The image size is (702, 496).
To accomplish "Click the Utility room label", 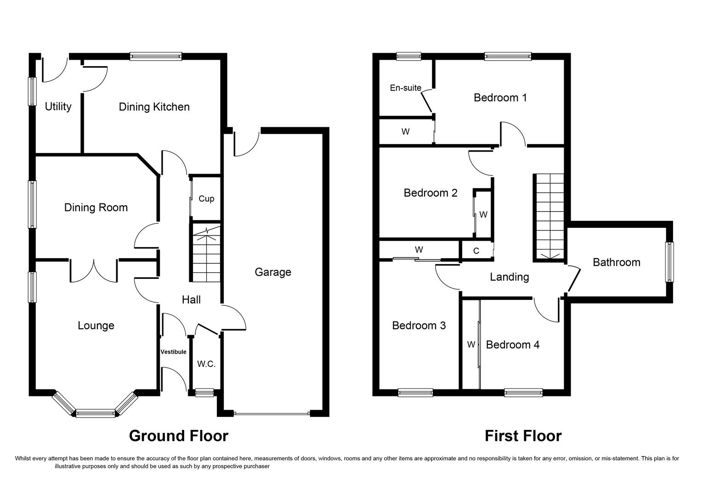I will coord(58,107).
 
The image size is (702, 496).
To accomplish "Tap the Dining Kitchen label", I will coord(154,107).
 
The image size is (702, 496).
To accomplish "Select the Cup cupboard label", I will coord(206,199).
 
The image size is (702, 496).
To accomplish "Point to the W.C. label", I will coord(206,364).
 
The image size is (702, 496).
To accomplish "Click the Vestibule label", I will coord(174,352).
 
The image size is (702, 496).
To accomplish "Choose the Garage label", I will coord(273,272).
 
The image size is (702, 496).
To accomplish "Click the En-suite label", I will coord(405,88).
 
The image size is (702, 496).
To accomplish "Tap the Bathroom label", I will coord(616,262).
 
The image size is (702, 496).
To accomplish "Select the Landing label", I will coord(509,277).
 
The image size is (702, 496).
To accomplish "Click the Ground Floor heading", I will coord(178,435).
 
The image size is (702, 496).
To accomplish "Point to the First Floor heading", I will coord(523,435).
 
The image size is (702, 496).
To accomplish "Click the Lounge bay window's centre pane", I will coord(95,413).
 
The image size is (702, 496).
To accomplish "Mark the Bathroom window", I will coord(670,262).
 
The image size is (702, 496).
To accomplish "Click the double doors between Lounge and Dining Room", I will coord(94,271).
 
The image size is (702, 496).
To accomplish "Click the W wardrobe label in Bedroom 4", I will coord(470,344).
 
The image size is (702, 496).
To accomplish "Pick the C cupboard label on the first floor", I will coord(476,251).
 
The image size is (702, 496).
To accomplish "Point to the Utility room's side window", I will coord(32,91).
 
